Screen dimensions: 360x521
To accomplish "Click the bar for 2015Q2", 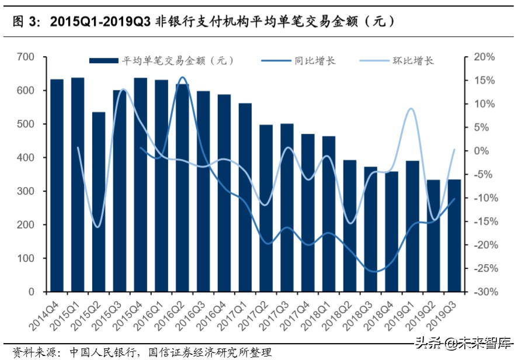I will pyautogui.click(x=99, y=202).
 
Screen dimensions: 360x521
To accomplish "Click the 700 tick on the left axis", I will pyautogui.click(x=27, y=57).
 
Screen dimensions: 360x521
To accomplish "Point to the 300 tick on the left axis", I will pyautogui.click(x=27, y=191).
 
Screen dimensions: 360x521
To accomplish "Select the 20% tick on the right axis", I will pyautogui.click(x=484, y=57).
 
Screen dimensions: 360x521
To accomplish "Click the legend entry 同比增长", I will pyautogui.click(x=315, y=61).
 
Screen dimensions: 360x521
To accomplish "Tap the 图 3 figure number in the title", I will pyautogui.click(x=24, y=22).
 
